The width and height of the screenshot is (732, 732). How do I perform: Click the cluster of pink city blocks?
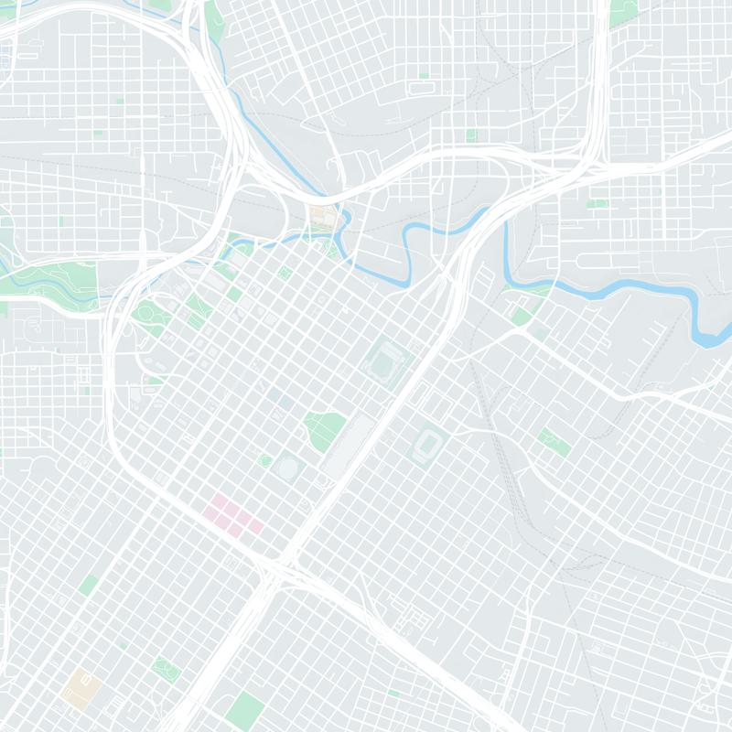234,516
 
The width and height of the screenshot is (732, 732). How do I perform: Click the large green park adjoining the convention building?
324,428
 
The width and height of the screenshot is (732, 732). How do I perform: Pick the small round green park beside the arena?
266,459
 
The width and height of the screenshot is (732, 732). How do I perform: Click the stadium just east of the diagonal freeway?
426,446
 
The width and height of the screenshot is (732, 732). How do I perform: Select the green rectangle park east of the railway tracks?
553,441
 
